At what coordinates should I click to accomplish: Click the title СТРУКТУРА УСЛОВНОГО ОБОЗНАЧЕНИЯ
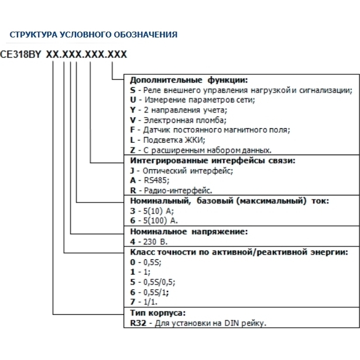pos(94,35)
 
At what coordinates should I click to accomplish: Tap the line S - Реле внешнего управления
pos(241,90)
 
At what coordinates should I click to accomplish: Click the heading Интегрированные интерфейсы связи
pos(211,160)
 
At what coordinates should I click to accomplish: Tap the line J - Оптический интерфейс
pos(181,170)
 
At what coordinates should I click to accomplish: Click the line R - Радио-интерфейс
pos(170,190)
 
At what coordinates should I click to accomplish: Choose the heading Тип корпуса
pos(157,313)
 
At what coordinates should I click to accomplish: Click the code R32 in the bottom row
pos(136,323)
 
